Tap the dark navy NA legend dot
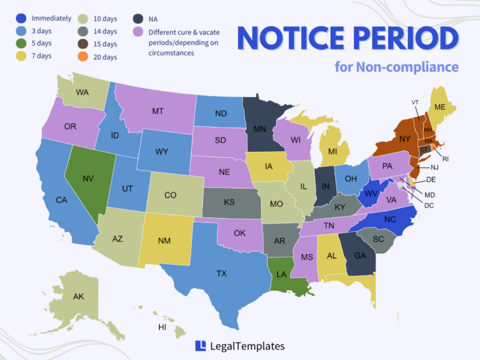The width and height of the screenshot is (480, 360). pos(137,18)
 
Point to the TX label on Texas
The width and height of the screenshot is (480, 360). pos(221,274)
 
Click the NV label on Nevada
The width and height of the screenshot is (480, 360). pos(88,179)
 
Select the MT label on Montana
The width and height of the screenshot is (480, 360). pos(157,111)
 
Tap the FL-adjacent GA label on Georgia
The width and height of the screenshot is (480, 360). pos(360,255)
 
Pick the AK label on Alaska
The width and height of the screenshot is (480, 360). pos(78,296)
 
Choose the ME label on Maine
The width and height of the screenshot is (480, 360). pos(440,107)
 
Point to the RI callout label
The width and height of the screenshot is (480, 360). pos(446,159)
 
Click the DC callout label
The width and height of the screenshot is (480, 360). pos(428,205)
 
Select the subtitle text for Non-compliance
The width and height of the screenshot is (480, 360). pos(396,67)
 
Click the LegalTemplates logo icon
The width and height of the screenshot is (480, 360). pos(201,346)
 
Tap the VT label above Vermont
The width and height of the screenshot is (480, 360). pos(415,102)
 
